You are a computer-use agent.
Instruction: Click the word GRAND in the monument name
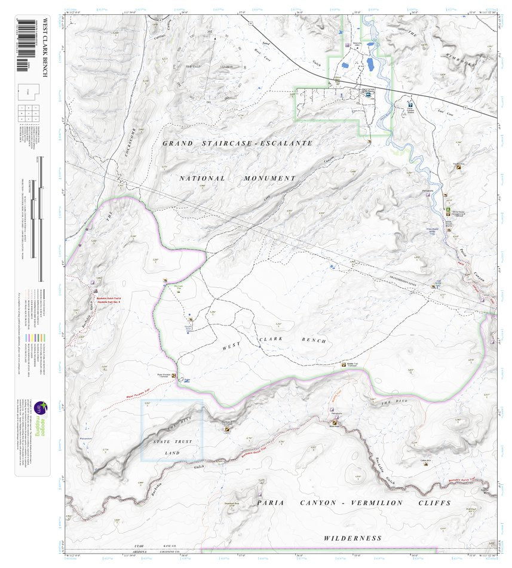click(x=177, y=143)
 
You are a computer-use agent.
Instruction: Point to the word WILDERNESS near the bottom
click(x=352, y=538)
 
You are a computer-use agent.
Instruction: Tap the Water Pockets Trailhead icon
click(x=174, y=376)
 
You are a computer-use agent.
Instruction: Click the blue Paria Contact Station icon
click(x=410, y=102)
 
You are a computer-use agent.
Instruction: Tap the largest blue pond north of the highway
click(x=370, y=63)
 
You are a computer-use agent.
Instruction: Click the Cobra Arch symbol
click(x=426, y=464)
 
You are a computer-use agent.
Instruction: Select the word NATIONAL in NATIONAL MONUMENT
click(x=203, y=179)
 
